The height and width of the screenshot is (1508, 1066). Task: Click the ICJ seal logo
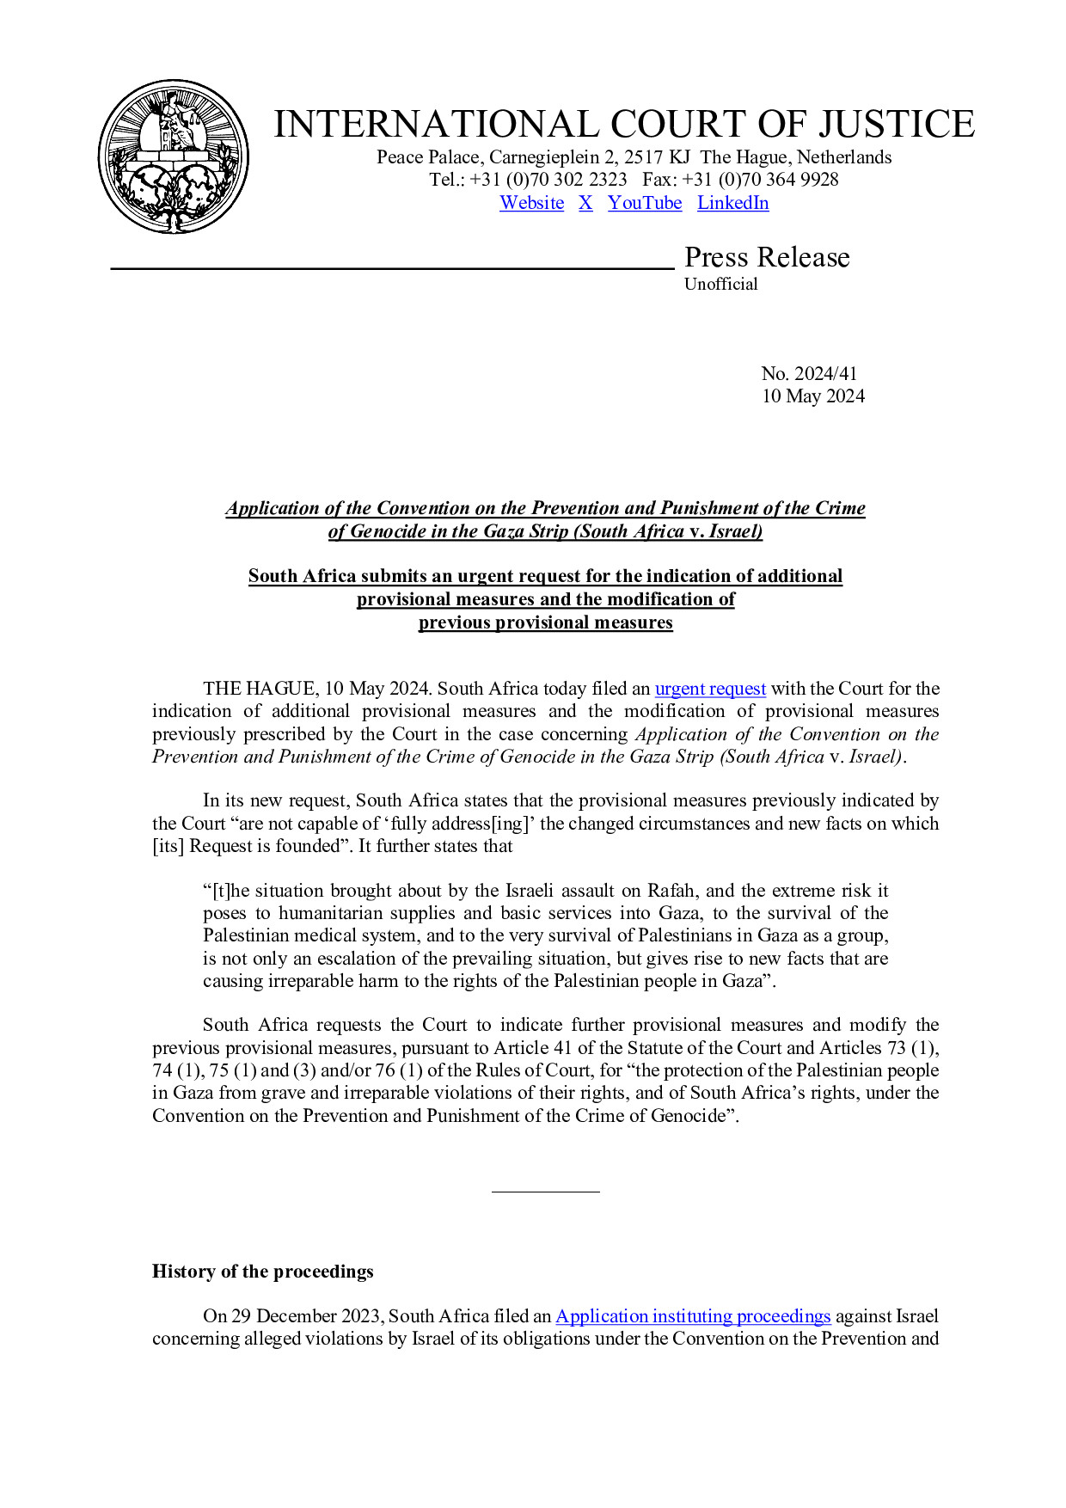click(174, 156)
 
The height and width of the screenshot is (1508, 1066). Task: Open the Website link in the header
click(531, 203)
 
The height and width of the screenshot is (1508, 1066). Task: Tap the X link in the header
click(585, 203)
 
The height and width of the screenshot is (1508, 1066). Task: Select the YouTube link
click(645, 203)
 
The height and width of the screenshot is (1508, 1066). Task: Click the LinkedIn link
click(732, 203)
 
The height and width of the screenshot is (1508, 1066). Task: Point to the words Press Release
click(767, 257)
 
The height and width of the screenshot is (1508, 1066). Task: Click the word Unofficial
click(720, 284)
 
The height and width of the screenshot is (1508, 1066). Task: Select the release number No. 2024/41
click(809, 373)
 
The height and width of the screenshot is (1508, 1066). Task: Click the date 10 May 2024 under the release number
click(813, 395)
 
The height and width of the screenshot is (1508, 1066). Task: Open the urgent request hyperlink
click(710, 689)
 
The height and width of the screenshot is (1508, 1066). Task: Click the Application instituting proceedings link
click(693, 1316)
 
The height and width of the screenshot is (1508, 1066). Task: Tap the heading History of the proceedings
click(263, 1272)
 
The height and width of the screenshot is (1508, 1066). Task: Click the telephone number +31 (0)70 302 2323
click(548, 180)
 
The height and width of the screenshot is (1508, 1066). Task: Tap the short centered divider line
click(545, 1192)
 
